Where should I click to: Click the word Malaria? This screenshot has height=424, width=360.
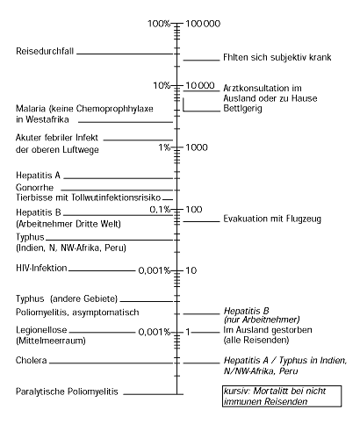point(33,108)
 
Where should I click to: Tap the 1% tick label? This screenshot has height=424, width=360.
point(165,147)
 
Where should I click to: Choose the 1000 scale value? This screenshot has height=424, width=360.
point(196,147)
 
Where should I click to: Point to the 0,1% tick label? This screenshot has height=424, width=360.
point(161,209)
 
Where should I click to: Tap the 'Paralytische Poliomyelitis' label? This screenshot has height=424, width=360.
point(67,391)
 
